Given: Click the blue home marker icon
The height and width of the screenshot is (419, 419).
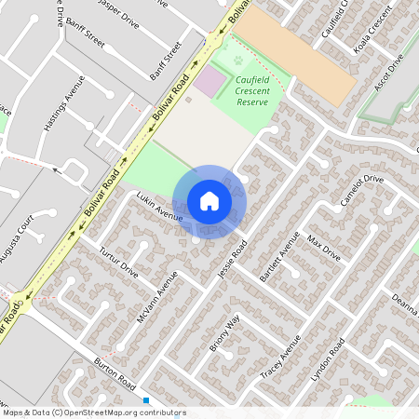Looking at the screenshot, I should point(209,201).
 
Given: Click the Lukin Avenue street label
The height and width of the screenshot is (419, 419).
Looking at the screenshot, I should point(157,208).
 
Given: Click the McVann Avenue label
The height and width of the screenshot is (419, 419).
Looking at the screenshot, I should point(156,297).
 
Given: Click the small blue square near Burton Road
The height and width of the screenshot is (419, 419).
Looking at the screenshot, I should point(146,400).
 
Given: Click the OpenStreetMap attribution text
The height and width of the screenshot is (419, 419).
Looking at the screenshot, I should point(93,412).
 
